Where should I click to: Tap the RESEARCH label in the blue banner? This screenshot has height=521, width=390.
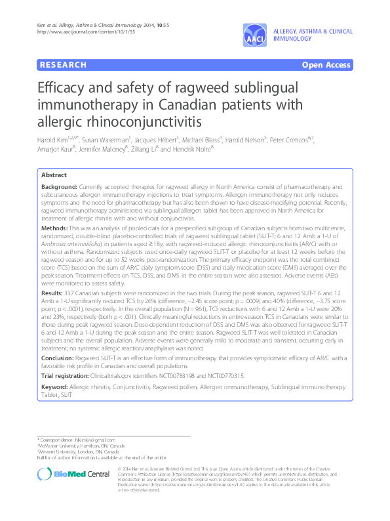(x=62, y=65)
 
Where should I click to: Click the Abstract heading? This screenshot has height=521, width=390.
(x=54, y=175)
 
